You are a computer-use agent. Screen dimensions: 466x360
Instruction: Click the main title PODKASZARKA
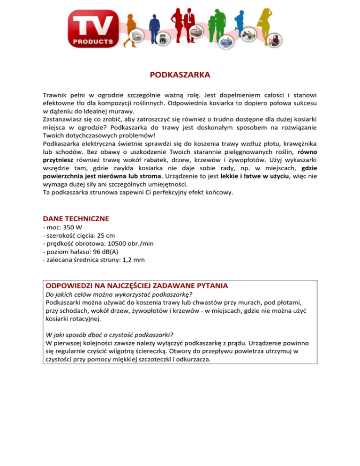[x=180, y=75]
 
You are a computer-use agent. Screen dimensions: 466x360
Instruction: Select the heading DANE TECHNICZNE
[x=75, y=218]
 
